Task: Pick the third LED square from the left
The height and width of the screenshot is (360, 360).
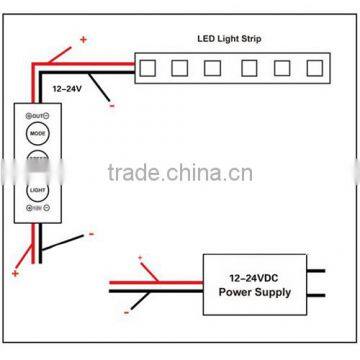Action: (214, 67)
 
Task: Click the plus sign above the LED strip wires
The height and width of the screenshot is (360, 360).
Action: (81, 40)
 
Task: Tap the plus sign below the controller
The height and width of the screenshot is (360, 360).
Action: (16, 272)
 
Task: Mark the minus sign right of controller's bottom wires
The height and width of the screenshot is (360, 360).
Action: (91, 235)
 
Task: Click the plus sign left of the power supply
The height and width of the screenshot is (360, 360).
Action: (141, 258)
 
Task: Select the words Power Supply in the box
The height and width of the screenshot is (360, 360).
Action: (256, 292)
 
